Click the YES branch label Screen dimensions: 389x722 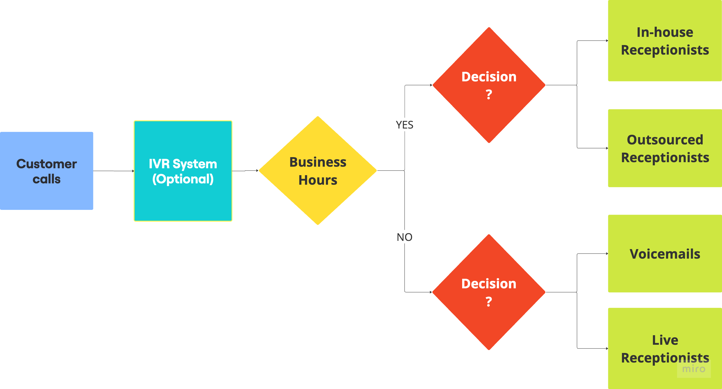click(x=404, y=125)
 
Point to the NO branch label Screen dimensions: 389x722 click(x=404, y=237)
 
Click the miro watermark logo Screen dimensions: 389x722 click(x=694, y=369)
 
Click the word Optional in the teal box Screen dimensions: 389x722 click(x=183, y=179)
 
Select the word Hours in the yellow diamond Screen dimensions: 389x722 click(x=318, y=180)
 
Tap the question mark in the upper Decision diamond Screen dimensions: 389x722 click(x=489, y=94)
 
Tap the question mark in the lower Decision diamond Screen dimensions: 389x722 click(x=489, y=302)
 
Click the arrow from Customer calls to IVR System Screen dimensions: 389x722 click(x=113, y=171)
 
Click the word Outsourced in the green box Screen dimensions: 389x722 click(x=665, y=139)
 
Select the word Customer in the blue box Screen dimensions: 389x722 click(x=46, y=164)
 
